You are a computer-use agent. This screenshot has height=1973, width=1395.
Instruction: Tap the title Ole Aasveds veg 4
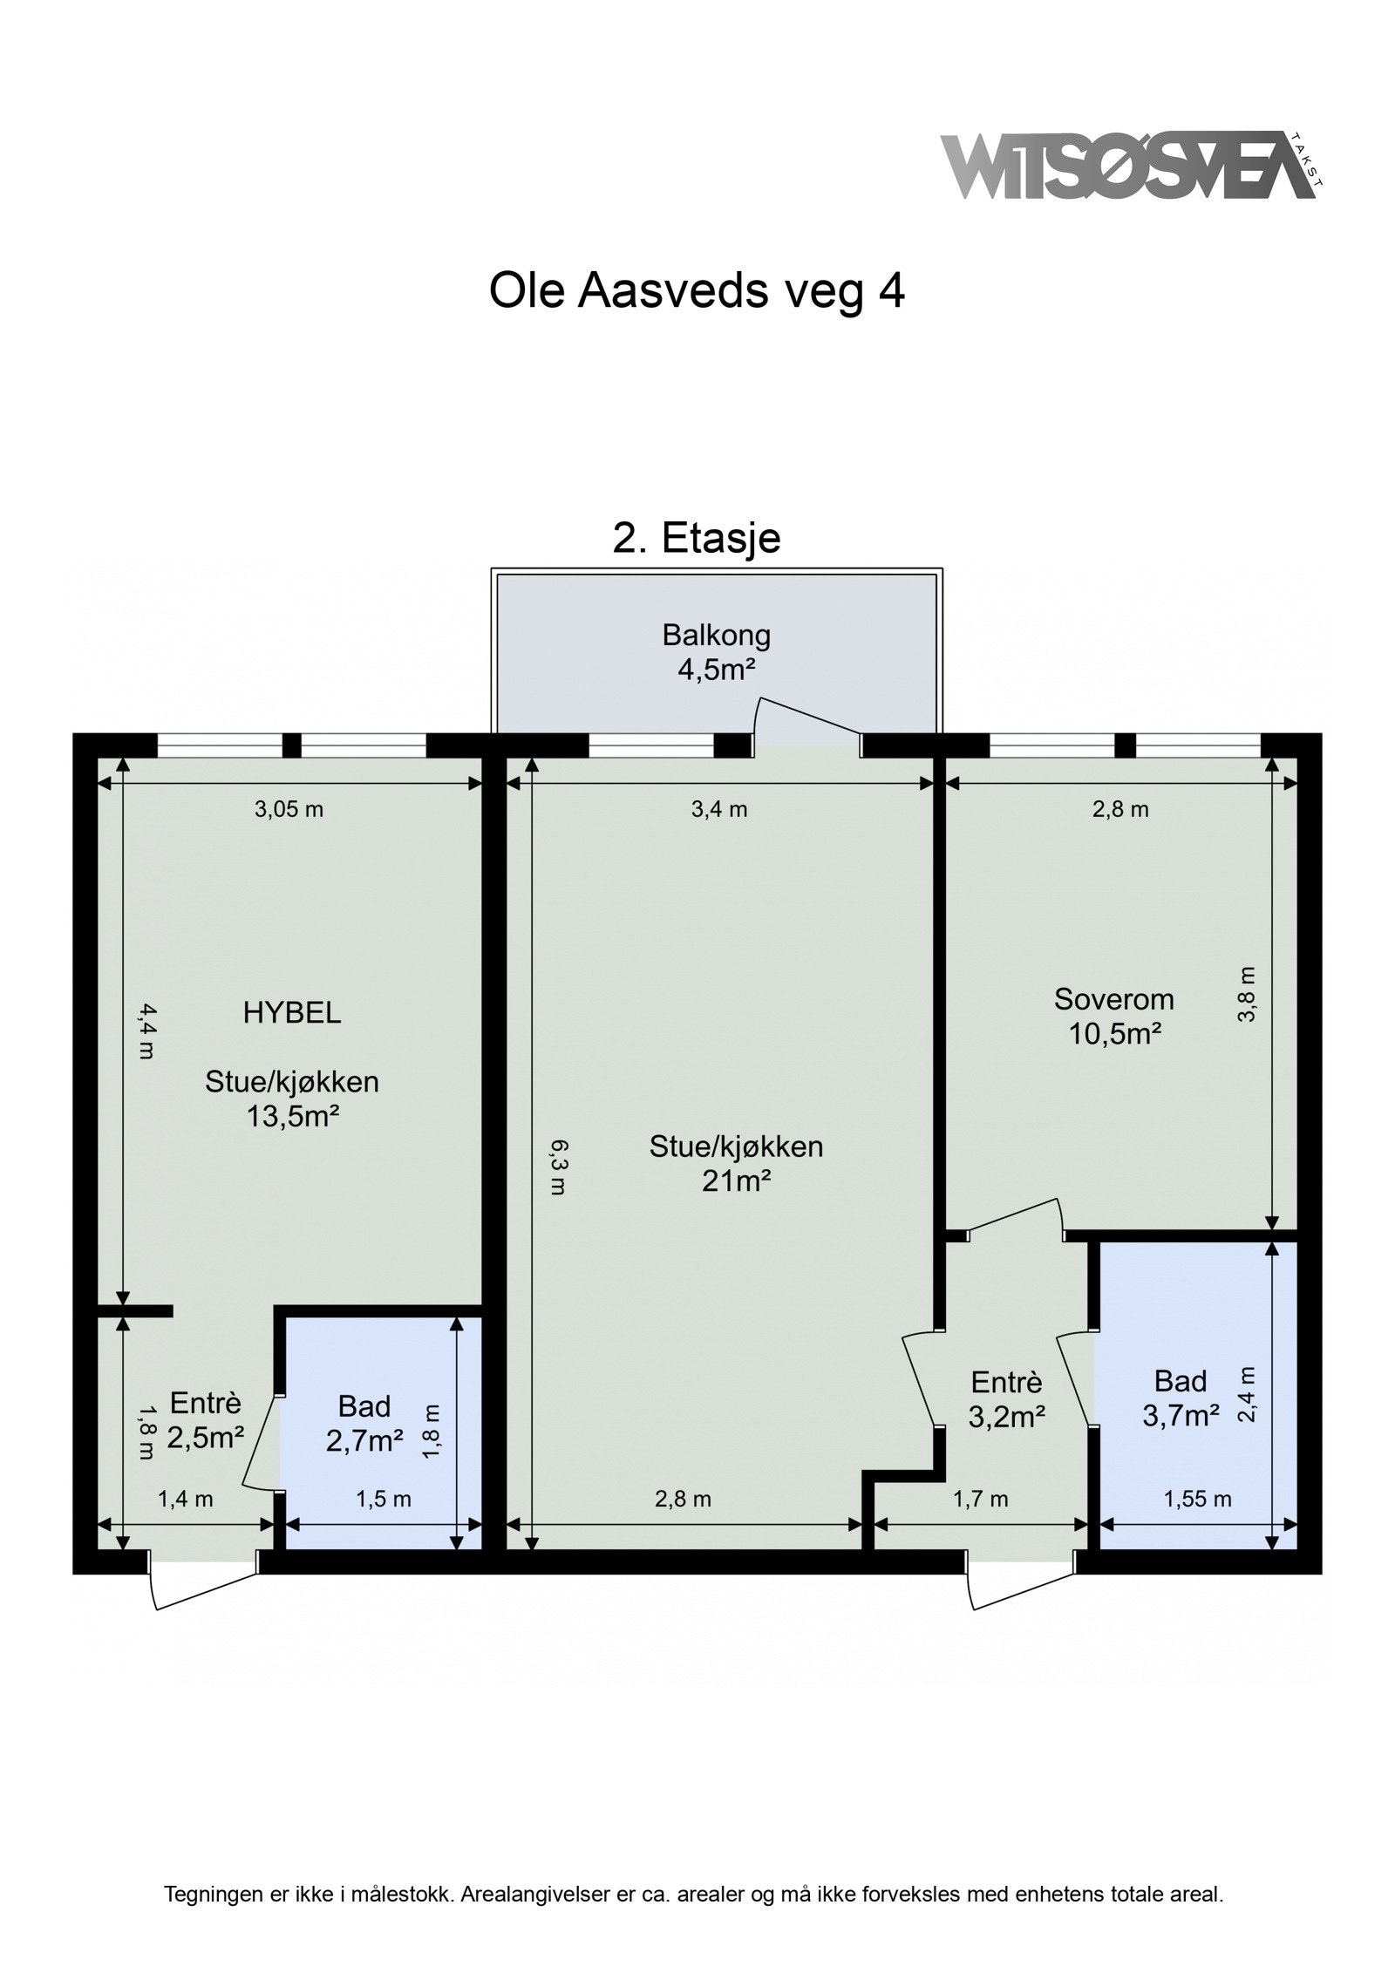[x=697, y=291]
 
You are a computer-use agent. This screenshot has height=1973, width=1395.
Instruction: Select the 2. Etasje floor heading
[x=697, y=538]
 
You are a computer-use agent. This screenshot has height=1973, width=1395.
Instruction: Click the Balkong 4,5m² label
[x=716, y=651]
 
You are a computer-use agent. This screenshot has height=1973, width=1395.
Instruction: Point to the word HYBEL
[x=291, y=1012]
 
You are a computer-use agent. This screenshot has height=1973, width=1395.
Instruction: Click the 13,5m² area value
[x=291, y=1115]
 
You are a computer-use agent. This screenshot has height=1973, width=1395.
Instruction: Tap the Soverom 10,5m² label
[x=1113, y=1016]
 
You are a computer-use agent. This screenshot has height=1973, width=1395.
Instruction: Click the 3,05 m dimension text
[x=289, y=809]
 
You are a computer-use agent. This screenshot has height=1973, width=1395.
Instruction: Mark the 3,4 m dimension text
[x=719, y=809]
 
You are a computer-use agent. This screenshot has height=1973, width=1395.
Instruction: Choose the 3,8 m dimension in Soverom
[x=1248, y=993]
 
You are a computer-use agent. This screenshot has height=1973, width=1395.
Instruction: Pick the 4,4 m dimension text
[x=146, y=1030]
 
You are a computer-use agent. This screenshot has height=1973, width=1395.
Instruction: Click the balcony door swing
[x=806, y=718]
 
